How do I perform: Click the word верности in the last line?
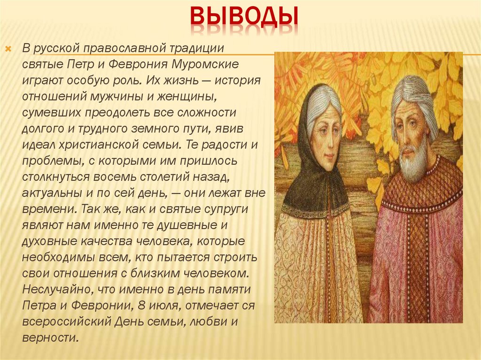tap(49, 337)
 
